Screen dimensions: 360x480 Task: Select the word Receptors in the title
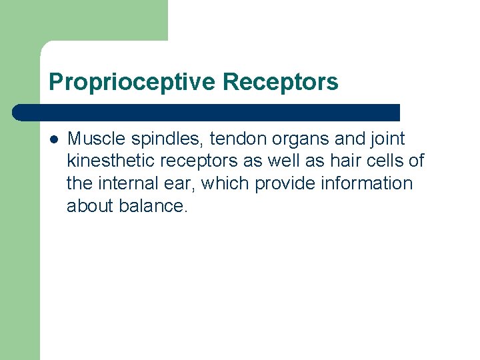pyautogui.click(x=281, y=83)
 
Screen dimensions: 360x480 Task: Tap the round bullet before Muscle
pyautogui.click(x=54, y=139)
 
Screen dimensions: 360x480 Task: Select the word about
pyautogui.click(x=90, y=206)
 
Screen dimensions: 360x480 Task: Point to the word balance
pyautogui.click(x=153, y=206)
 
